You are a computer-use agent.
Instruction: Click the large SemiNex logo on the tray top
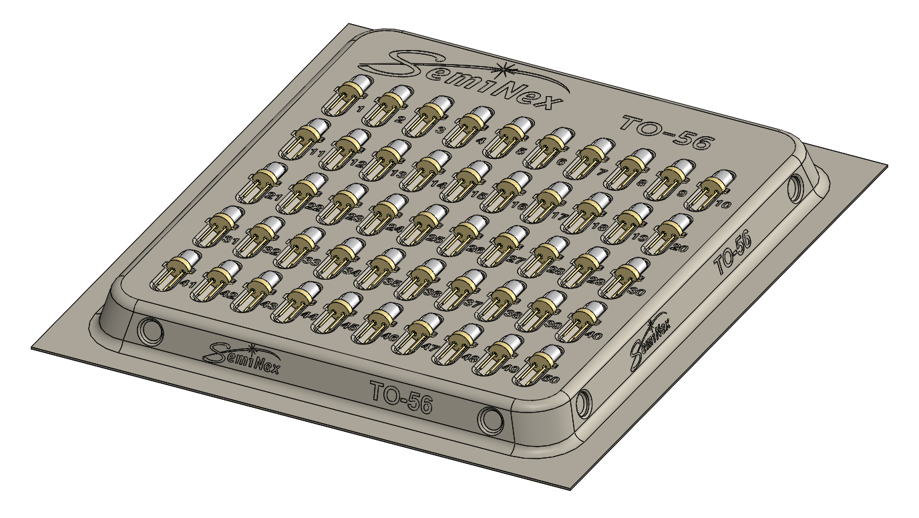[461, 80]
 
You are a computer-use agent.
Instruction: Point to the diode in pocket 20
[667, 234]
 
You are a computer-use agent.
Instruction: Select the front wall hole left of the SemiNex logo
[149, 330]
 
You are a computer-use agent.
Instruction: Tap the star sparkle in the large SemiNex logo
[508, 67]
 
